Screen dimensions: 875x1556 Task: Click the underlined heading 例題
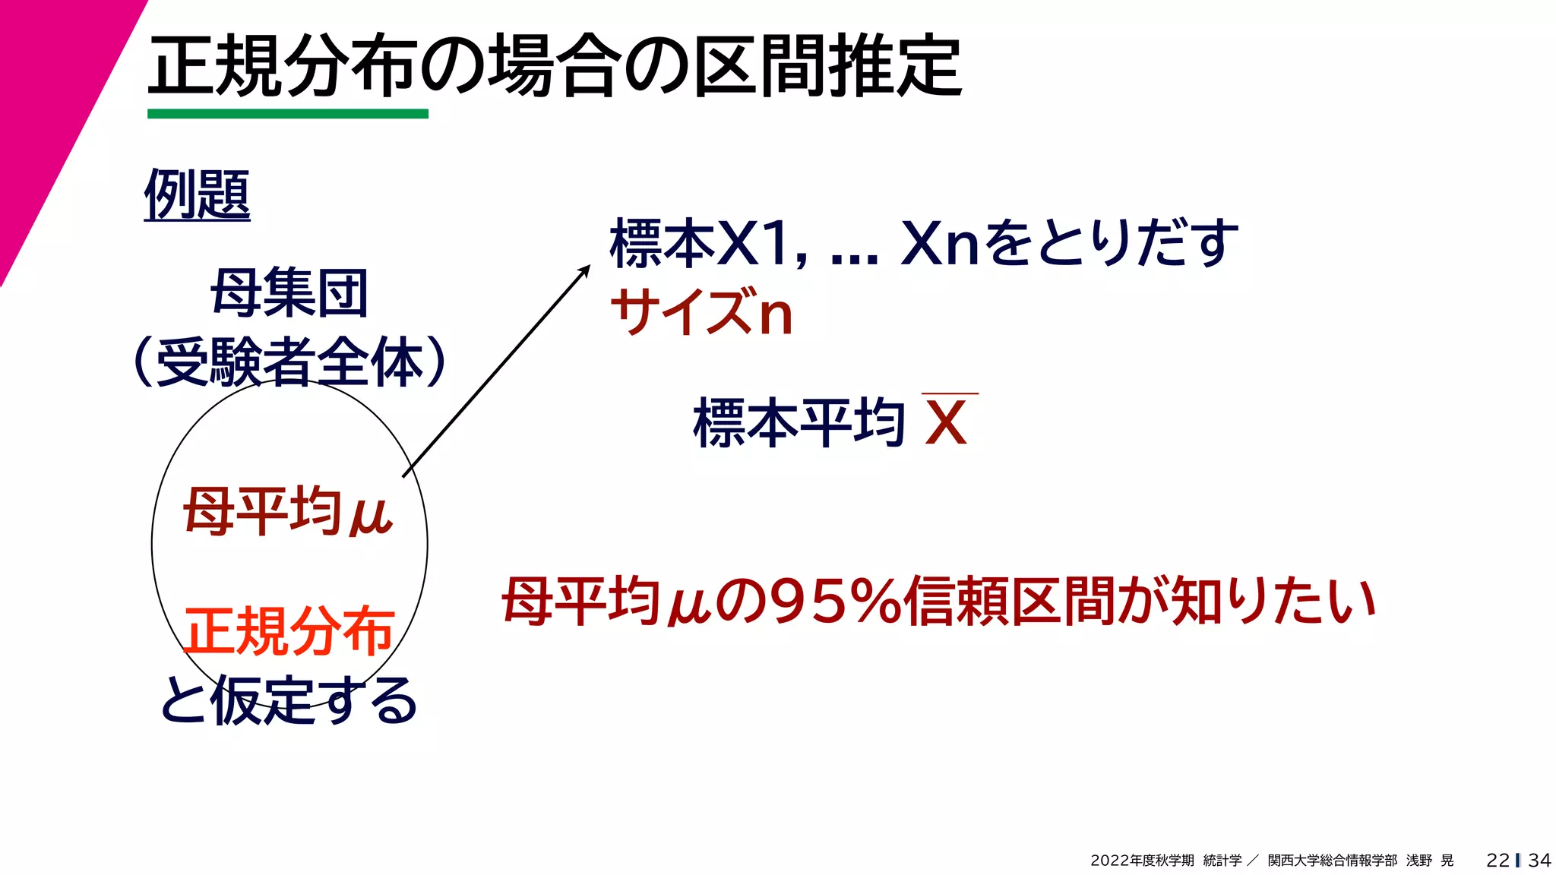point(197,194)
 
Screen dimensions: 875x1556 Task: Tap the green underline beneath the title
point(287,114)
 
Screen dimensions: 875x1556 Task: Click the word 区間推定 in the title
point(828,67)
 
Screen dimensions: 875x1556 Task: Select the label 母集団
point(289,294)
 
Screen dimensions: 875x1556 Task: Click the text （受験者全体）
point(289,362)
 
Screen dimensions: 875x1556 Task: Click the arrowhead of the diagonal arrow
point(585,269)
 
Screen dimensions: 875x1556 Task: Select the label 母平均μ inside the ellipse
point(288,512)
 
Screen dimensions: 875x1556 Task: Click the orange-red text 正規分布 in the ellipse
point(289,630)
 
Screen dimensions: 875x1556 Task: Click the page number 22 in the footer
point(1497,861)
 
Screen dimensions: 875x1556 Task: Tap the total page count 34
point(1539,861)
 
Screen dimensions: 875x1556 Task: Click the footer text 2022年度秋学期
point(1142,861)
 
